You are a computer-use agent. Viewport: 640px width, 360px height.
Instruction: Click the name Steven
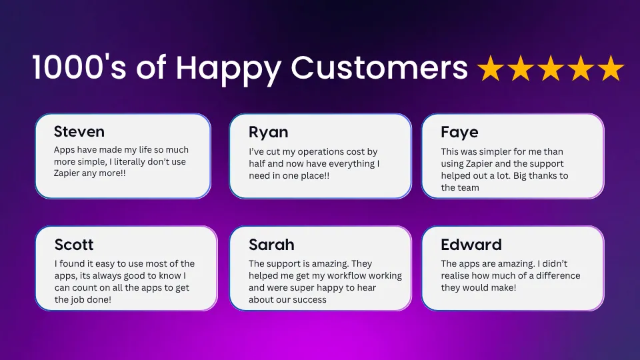point(79,131)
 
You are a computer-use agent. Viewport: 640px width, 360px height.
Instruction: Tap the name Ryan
point(269,133)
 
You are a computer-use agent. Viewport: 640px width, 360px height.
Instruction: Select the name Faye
point(459,133)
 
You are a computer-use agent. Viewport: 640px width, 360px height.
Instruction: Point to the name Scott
point(74,245)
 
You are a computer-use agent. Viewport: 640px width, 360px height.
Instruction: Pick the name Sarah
point(271,245)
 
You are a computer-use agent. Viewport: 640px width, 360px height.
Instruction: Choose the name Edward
point(471,245)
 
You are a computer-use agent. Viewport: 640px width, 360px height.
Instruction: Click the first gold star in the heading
point(491,68)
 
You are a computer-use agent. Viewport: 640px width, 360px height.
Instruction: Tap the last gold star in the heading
point(611,68)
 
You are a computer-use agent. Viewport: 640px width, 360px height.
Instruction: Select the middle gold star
point(551,68)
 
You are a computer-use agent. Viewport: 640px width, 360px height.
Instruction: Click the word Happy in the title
point(229,69)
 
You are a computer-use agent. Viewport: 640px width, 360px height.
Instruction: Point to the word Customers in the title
point(379,67)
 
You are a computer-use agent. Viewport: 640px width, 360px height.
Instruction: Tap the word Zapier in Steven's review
point(67,173)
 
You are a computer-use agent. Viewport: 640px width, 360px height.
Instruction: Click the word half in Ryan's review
point(257,164)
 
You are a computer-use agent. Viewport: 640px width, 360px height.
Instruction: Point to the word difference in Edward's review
point(558,275)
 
